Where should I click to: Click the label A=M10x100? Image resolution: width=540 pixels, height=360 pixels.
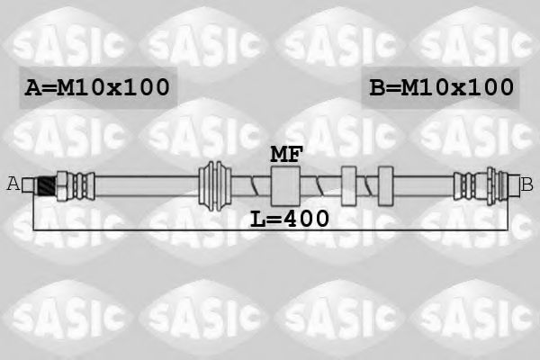[96, 87]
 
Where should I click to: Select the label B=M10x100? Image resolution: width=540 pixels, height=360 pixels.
[441, 87]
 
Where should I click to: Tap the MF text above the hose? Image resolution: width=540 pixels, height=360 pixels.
[286, 153]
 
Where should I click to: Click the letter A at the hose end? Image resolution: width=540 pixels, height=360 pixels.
[13, 184]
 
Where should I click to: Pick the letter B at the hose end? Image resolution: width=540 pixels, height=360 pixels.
[527, 184]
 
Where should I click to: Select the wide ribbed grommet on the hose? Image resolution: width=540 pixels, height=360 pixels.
[214, 185]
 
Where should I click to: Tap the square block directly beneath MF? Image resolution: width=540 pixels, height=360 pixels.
[286, 185]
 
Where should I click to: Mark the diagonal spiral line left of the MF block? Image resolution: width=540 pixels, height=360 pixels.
[256, 186]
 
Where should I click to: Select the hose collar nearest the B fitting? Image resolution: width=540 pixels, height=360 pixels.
[385, 185]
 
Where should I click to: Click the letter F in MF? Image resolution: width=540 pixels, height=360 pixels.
[295, 153]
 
